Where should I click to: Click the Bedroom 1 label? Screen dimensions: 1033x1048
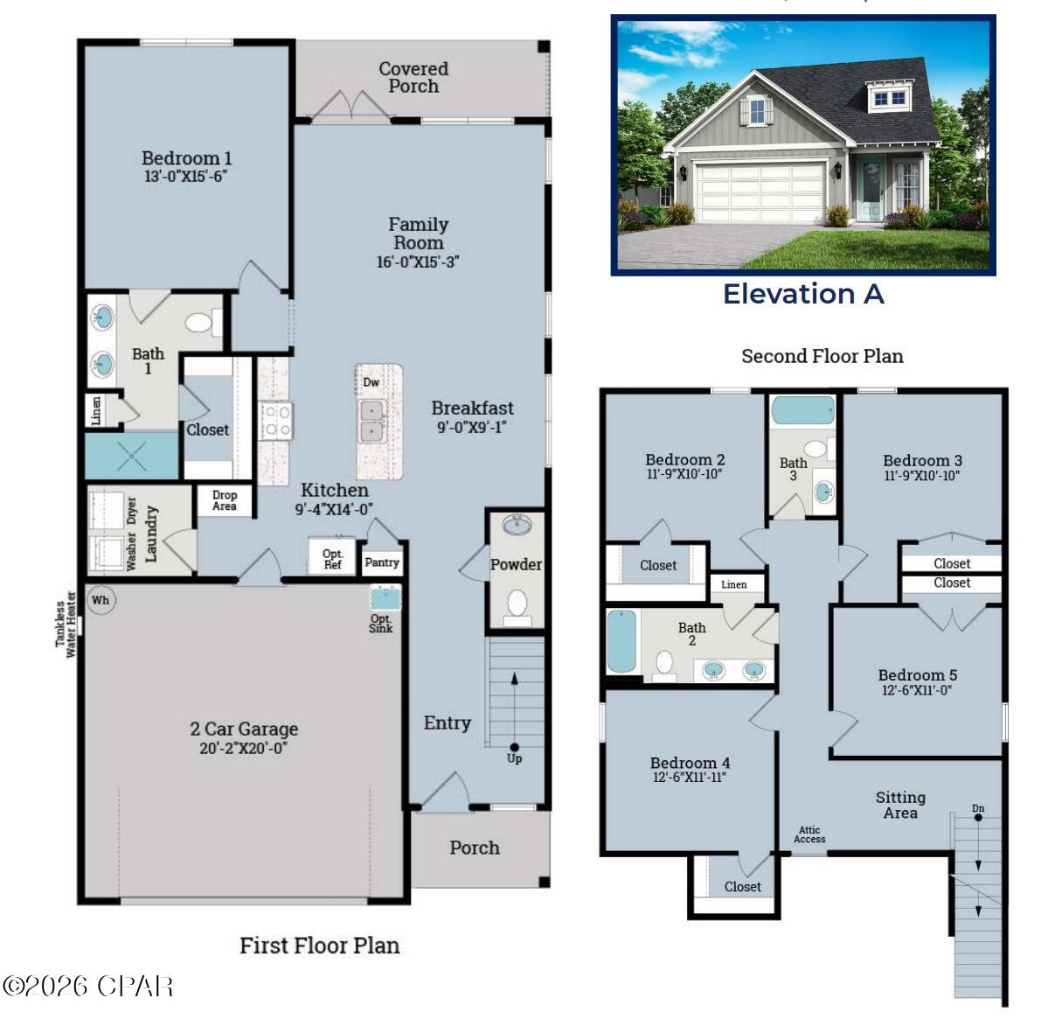(x=186, y=158)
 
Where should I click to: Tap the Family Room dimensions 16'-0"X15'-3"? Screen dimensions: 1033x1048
(x=418, y=262)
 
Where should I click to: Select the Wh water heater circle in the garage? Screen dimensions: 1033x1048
(x=101, y=600)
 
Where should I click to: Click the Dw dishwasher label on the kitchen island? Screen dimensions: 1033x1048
(x=371, y=382)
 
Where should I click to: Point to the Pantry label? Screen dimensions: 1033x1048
(x=382, y=562)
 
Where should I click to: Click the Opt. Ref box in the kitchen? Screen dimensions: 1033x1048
(x=332, y=558)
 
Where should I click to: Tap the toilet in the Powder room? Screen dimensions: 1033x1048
(x=517, y=604)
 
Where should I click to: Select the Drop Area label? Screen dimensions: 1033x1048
(x=224, y=500)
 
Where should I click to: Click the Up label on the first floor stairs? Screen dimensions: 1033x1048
(x=514, y=758)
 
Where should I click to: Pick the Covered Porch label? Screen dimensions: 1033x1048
(x=413, y=77)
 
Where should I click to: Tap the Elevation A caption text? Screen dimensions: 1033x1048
(x=803, y=295)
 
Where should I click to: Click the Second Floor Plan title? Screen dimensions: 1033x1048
(x=822, y=356)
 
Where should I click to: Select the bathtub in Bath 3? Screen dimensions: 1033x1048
(x=803, y=411)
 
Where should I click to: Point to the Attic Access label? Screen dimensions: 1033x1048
(x=809, y=835)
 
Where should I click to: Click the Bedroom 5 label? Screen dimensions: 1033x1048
(x=917, y=674)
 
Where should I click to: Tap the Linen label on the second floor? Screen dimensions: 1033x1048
(x=734, y=584)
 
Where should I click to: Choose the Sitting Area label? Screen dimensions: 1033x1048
(x=900, y=805)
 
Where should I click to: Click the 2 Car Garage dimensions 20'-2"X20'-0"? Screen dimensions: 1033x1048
(x=243, y=749)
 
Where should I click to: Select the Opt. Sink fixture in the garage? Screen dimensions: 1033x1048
(x=383, y=600)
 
